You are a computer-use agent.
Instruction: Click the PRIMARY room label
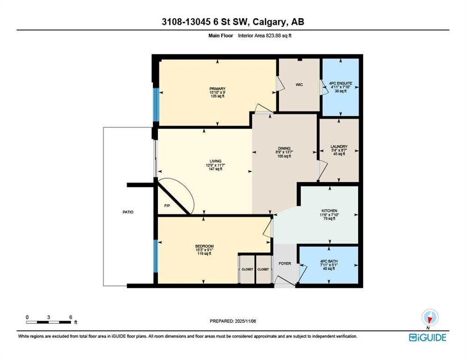218,89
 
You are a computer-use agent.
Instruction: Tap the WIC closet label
299,85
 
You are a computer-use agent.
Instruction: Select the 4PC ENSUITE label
340,83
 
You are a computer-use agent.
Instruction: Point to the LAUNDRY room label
338,147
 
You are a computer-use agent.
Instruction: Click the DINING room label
281,148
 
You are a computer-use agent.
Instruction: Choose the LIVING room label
215,161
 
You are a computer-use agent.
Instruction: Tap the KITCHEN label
330,210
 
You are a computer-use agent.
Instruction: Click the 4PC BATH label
330,261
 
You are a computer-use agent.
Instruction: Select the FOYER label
285,263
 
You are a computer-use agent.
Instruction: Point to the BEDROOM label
204,247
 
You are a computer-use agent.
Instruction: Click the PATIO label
128,212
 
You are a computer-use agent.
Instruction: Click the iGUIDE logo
427,337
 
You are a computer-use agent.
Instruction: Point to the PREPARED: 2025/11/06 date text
233,321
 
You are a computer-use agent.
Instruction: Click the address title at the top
233,22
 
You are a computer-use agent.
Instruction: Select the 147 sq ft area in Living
215,169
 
